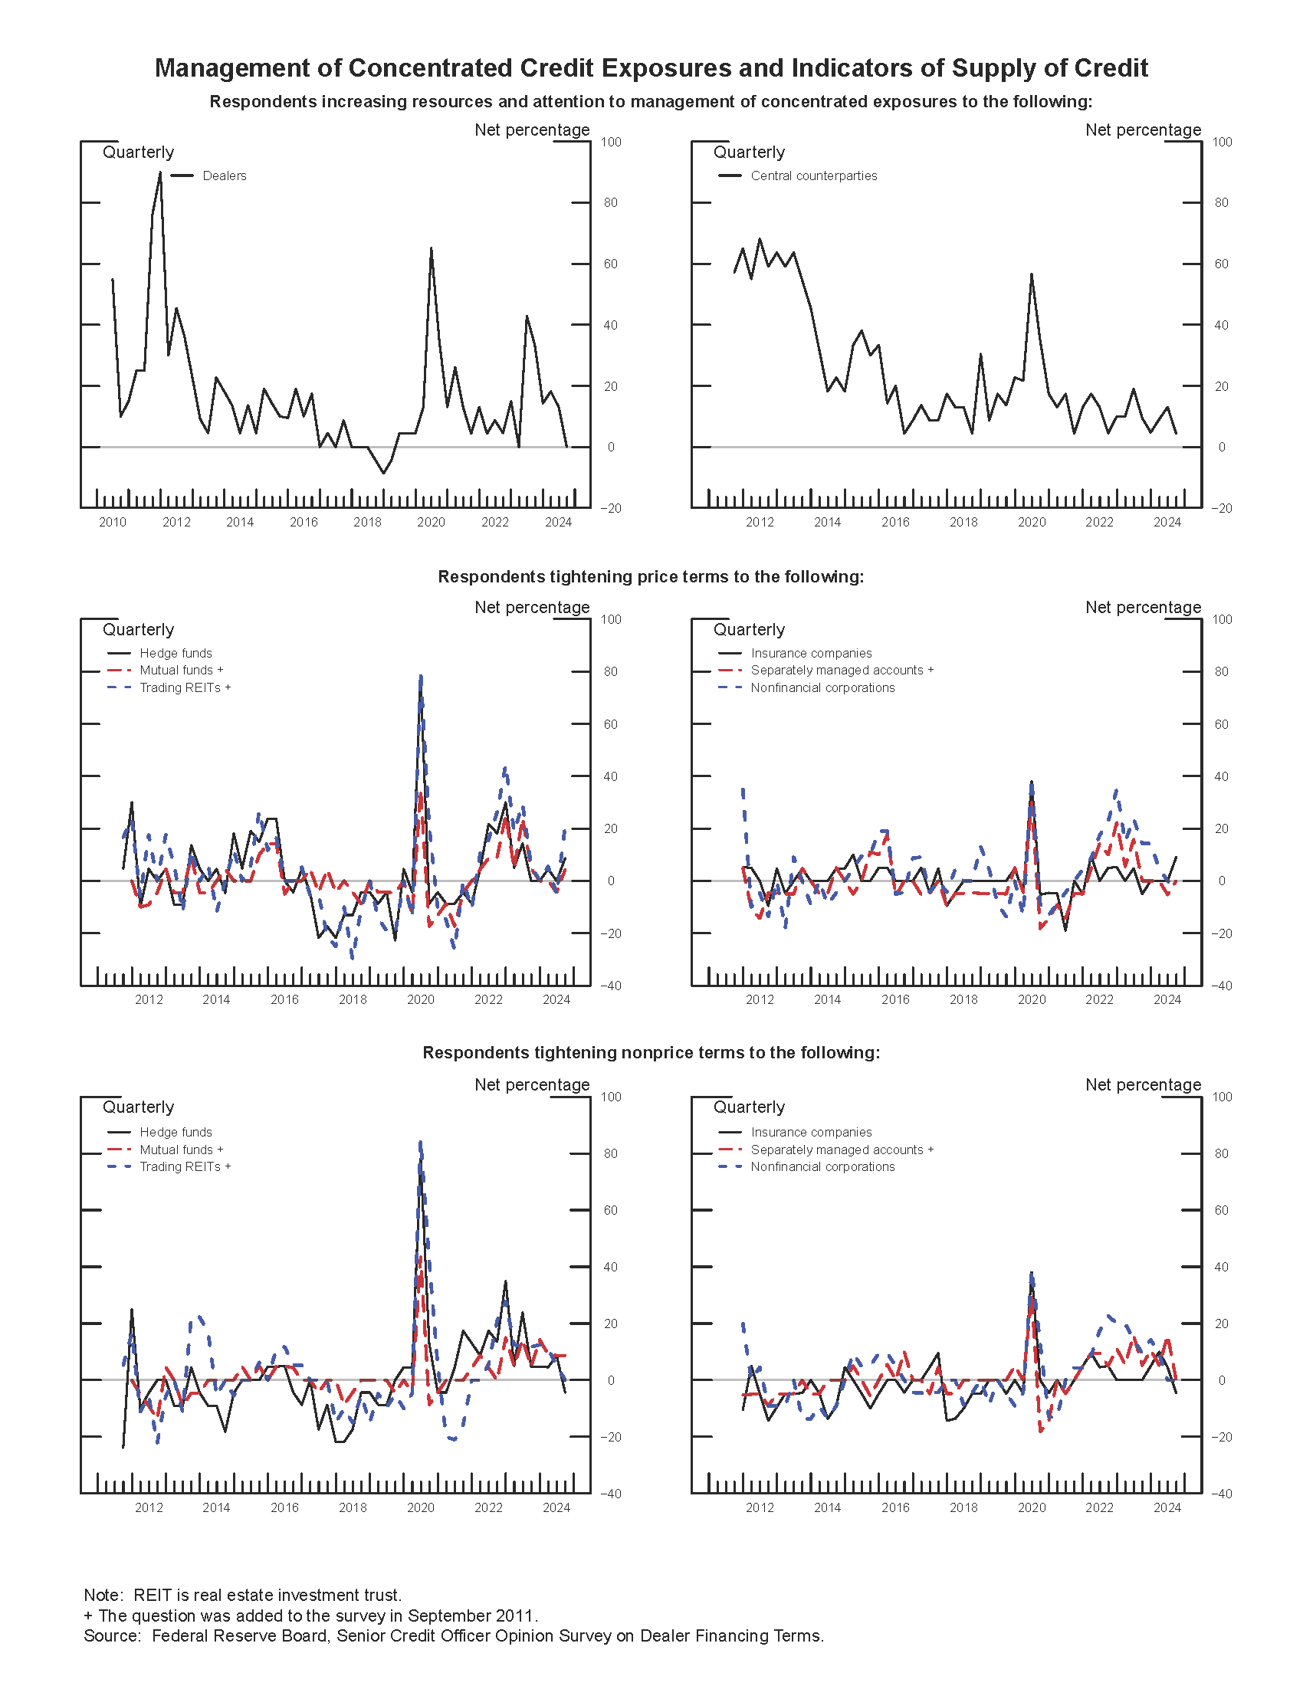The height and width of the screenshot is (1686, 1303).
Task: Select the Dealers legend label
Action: point(224,176)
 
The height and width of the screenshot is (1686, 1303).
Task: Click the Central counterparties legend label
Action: point(813,176)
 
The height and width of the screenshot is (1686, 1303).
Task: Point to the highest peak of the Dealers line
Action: point(160,172)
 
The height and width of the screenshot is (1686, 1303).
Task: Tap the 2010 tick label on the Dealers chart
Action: point(113,523)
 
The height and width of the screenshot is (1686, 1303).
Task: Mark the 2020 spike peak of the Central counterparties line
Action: point(1031,274)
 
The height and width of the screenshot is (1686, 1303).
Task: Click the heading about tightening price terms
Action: point(651,576)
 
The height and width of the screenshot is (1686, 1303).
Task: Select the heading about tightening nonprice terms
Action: point(651,1053)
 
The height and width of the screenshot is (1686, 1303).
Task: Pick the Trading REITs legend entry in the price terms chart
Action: point(185,688)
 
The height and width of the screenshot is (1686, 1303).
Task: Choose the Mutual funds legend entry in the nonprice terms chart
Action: point(181,1150)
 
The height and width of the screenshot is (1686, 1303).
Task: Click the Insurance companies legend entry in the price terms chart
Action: point(810,653)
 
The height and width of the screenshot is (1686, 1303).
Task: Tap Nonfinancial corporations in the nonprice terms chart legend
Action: point(822,1166)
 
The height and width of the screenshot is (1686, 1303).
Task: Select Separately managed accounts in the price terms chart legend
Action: point(842,670)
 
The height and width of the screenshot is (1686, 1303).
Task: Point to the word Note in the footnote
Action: point(103,1595)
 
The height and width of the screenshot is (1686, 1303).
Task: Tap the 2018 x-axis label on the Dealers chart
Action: point(367,523)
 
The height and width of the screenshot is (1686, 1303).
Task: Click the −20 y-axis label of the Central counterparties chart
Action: point(1221,508)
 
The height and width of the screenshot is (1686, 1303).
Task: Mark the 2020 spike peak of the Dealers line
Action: point(431,248)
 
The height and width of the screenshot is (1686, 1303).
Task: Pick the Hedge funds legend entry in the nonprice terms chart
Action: point(176,1133)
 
